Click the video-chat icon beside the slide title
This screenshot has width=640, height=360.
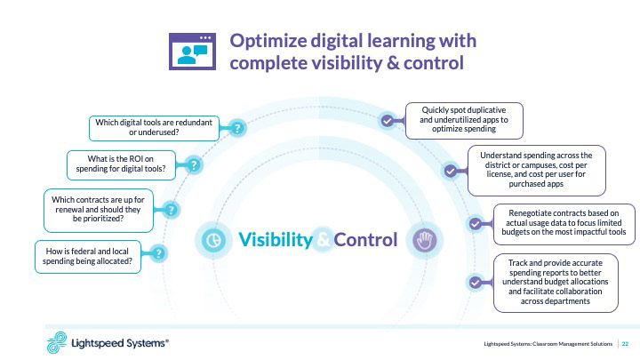click(x=194, y=52)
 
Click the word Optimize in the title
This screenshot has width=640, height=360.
click(x=270, y=41)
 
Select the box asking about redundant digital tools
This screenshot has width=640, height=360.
click(x=154, y=126)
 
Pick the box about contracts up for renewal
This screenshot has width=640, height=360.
click(x=99, y=210)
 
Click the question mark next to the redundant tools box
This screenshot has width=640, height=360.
click(x=237, y=128)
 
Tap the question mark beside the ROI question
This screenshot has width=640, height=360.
click(x=195, y=165)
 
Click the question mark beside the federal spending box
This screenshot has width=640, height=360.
click(x=158, y=254)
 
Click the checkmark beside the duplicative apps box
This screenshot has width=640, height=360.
click(x=386, y=120)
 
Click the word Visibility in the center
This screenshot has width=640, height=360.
click(x=276, y=240)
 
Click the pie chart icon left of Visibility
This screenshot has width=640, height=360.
click(x=212, y=240)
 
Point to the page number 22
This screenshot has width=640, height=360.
click(x=625, y=343)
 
